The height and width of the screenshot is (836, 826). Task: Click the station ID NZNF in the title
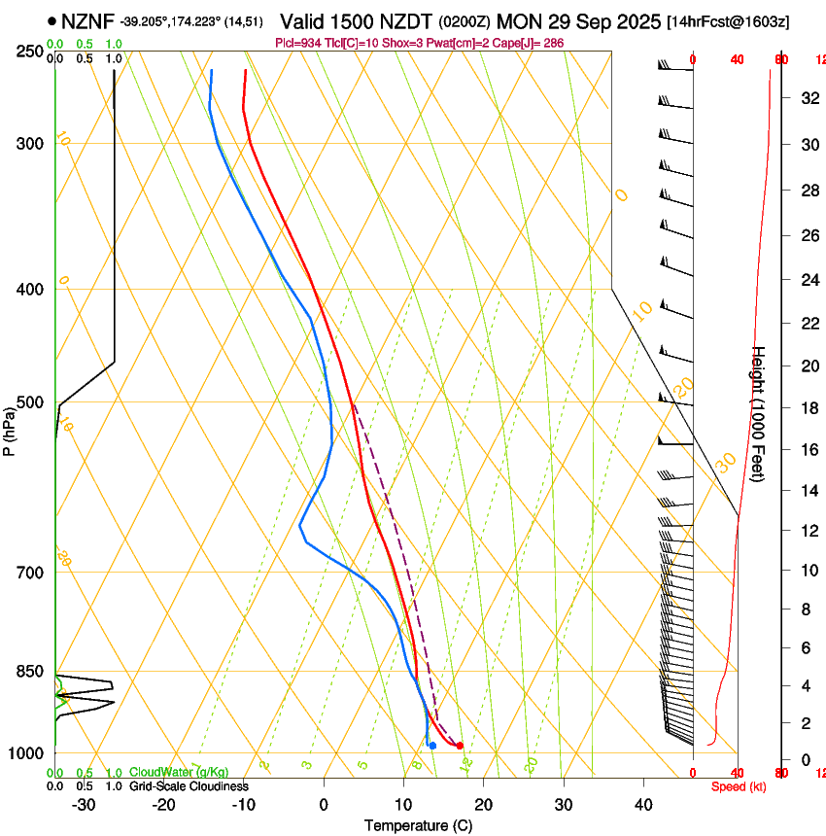click(87, 21)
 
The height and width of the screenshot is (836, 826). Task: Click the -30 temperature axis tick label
click(85, 805)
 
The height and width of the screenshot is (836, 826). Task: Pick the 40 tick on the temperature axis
click(642, 805)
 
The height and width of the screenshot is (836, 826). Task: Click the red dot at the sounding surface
click(460, 746)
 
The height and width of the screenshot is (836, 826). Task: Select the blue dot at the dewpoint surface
click(432, 746)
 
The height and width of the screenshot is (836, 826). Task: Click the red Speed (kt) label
click(739, 786)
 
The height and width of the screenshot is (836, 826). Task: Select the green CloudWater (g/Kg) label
click(179, 773)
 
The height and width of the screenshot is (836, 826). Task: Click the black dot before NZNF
click(52, 21)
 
